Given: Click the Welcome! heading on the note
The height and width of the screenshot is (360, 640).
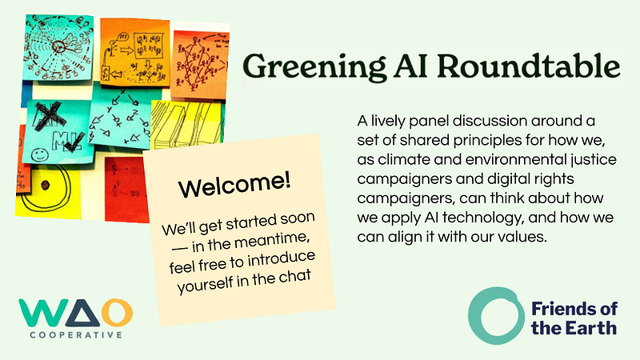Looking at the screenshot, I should tap(234, 186).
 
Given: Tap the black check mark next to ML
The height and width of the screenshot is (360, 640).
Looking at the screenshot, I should tap(74, 142).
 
